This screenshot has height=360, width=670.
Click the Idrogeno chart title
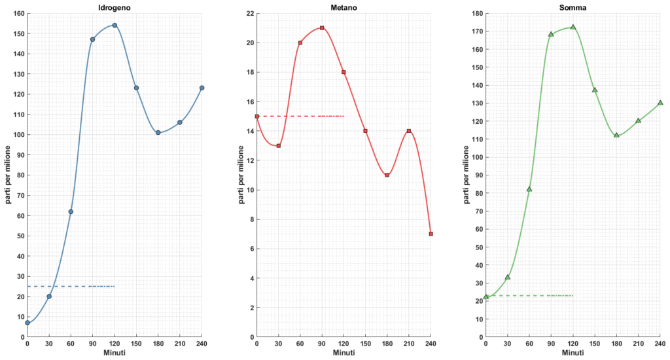(115, 7)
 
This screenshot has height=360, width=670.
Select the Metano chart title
(344, 7)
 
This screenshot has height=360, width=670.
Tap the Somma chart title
(573, 7)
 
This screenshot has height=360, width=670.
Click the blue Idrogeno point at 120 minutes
(115, 26)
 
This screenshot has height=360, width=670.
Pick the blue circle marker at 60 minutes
(71, 211)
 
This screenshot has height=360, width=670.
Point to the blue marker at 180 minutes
(158, 132)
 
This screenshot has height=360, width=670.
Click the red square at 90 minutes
(322, 28)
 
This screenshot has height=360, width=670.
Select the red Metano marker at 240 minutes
(431, 234)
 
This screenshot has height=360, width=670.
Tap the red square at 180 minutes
(387, 175)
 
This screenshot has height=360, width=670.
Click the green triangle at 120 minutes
(573, 27)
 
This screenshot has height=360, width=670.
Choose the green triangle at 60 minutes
(529, 189)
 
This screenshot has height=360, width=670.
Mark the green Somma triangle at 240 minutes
(660, 103)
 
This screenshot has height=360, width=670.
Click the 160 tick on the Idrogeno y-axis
(18, 14)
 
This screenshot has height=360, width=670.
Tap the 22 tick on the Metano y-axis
(249, 14)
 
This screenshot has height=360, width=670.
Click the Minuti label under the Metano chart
(344, 353)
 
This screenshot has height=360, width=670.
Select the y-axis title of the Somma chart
(466, 175)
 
